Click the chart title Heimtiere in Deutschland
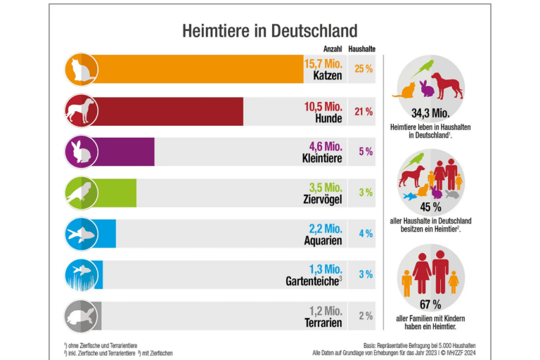(x=269, y=31)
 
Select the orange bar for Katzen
(x=197, y=70)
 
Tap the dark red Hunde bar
(x=169, y=111)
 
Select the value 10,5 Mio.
(x=323, y=105)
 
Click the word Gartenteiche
(x=313, y=282)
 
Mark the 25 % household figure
(x=364, y=70)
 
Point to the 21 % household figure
(x=364, y=111)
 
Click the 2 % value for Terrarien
(x=365, y=316)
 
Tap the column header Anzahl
(x=332, y=49)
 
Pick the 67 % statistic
(x=430, y=304)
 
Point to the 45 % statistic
(x=430, y=208)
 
